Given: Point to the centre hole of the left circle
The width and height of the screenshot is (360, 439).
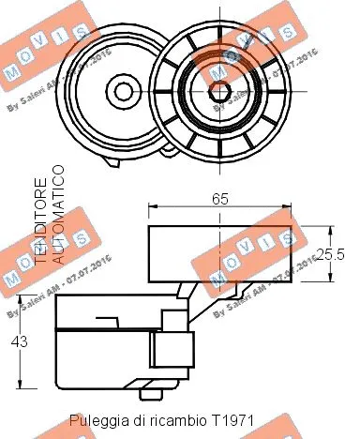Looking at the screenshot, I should click(x=123, y=91).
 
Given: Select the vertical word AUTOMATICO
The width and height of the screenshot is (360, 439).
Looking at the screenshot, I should click(x=59, y=213).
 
